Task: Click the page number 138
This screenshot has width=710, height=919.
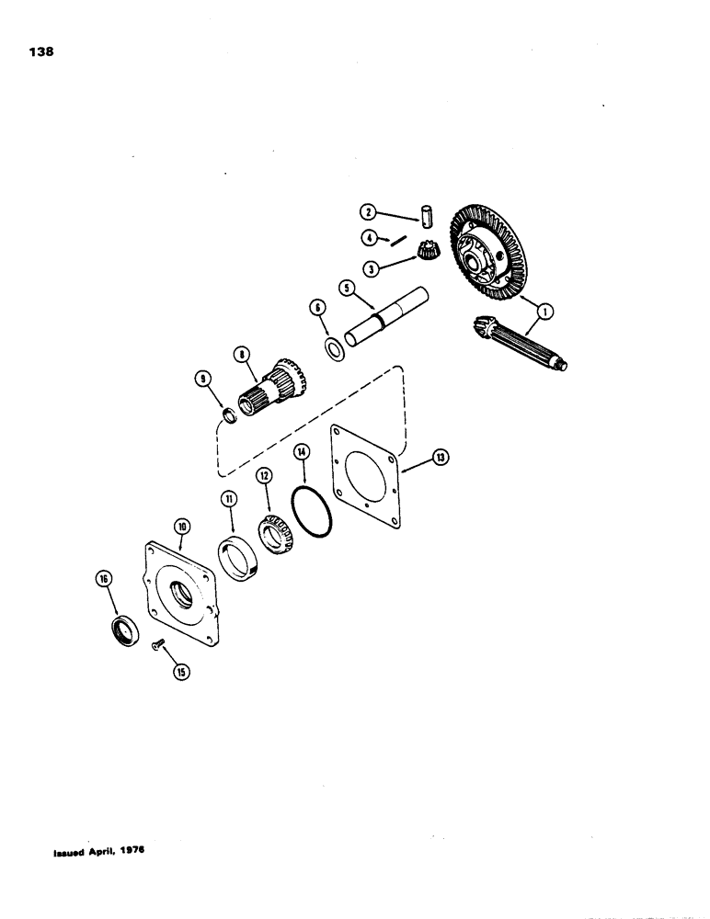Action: [42, 52]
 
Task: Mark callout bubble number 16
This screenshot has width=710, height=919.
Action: [101, 578]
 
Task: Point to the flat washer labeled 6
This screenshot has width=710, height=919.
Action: [335, 348]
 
